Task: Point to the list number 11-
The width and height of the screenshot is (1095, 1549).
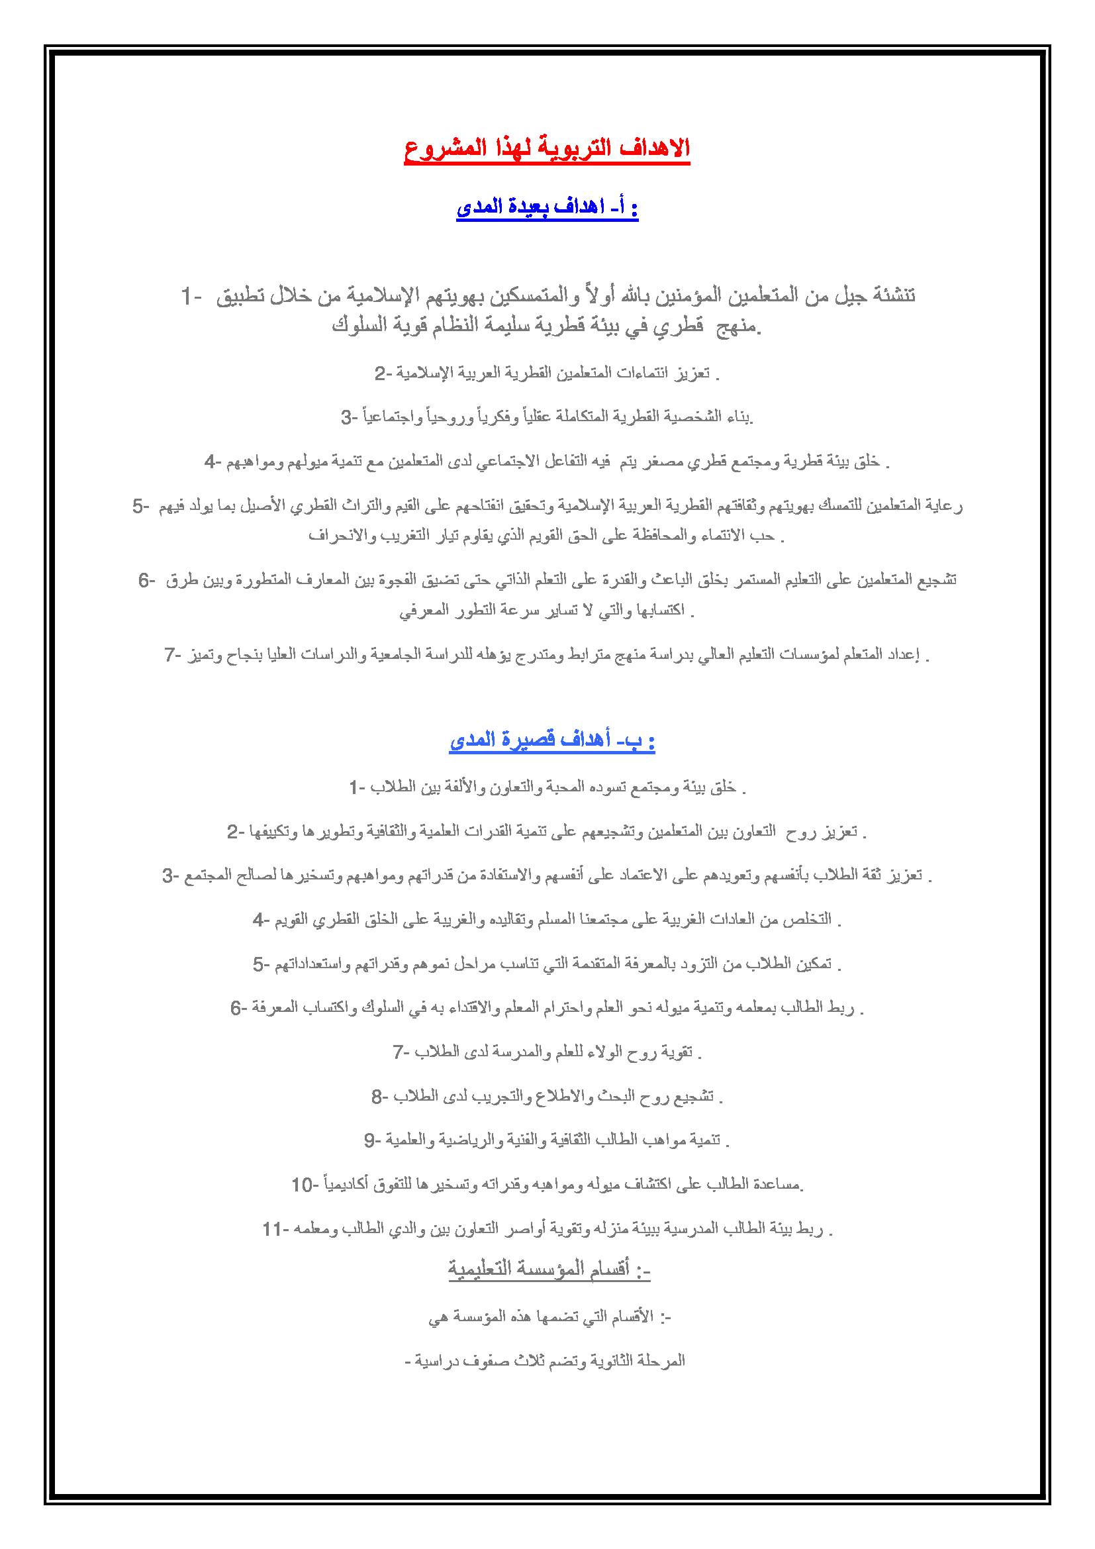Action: (275, 1229)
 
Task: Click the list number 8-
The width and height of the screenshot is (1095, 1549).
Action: (379, 1097)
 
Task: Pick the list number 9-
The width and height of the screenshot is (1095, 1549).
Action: (372, 1141)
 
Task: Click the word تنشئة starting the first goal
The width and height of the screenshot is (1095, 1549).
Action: (893, 295)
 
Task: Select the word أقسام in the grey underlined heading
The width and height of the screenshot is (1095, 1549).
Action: (610, 1269)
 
